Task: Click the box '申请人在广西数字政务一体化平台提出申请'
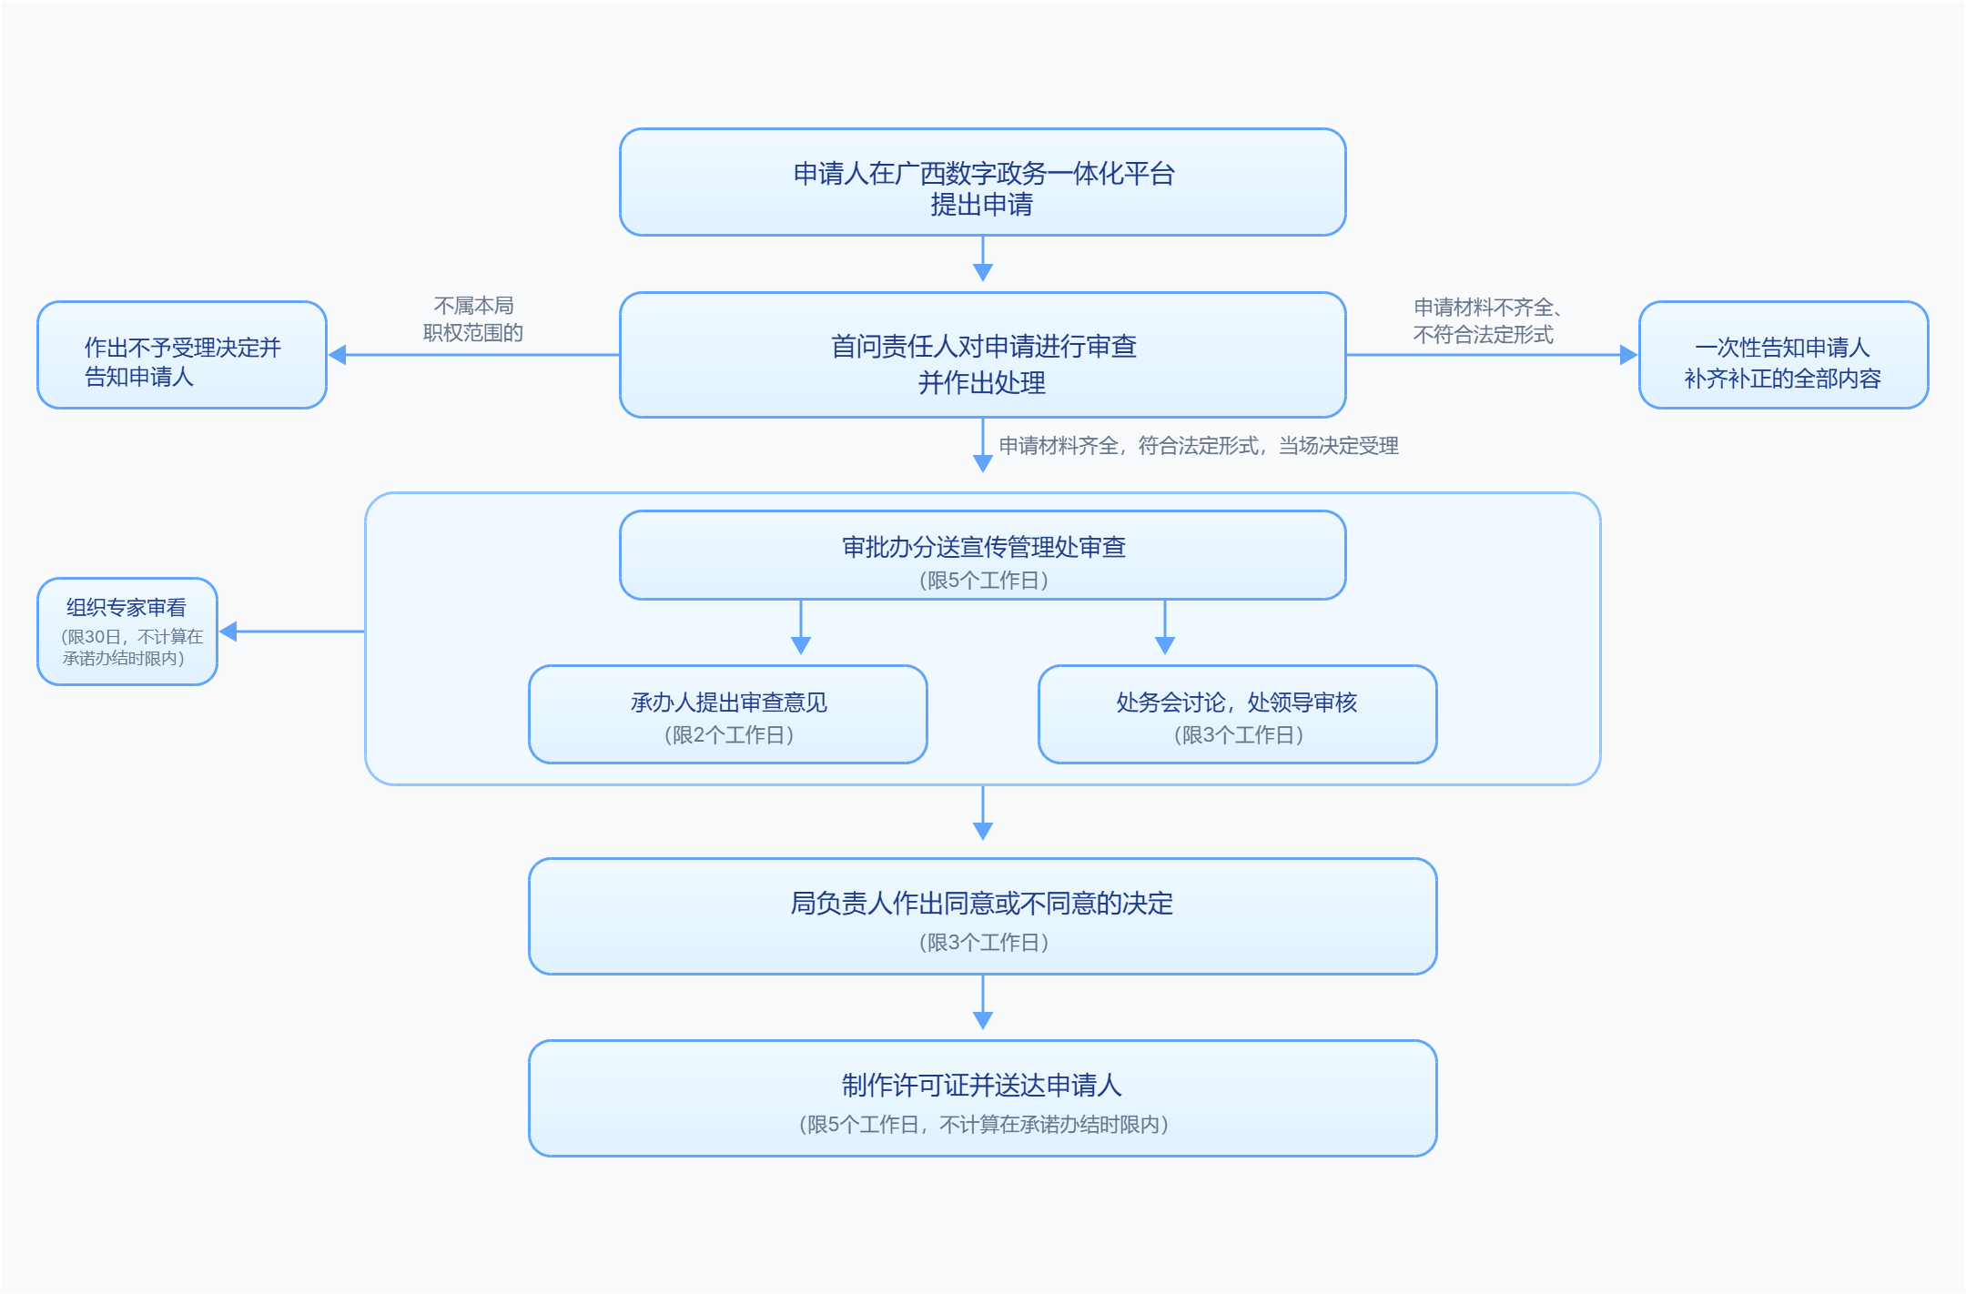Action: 983,182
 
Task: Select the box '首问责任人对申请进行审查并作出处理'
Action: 983,355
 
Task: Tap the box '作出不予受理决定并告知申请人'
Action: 182,355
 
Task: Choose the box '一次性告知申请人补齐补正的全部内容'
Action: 1784,355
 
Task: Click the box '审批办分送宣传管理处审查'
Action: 983,555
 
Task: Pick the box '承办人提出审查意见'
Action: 728,714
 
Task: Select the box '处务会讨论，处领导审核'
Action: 1238,714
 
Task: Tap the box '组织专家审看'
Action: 127,632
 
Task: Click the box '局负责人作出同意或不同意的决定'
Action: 983,916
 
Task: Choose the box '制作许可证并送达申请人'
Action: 983,1098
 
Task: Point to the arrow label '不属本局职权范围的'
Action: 473,319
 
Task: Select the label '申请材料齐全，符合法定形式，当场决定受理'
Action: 1199,446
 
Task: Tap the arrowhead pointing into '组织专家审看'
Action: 228,632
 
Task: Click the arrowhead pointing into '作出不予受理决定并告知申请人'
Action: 338,355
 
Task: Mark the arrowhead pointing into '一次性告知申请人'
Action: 1628,355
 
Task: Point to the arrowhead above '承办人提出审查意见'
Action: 801,645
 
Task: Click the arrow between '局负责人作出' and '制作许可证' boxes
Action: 983,1002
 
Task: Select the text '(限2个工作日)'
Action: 728,735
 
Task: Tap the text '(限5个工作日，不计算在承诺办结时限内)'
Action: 983,1125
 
